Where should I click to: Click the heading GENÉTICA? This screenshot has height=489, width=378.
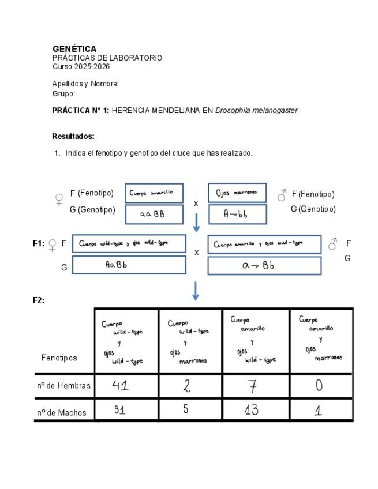click(x=74, y=49)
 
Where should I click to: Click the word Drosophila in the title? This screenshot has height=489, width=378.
click(x=233, y=110)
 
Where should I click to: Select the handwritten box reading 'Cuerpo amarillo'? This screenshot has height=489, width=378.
click(x=154, y=193)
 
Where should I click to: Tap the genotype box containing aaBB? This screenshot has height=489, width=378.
click(x=154, y=214)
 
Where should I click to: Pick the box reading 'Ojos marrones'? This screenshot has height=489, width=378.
click(x=237, y=193)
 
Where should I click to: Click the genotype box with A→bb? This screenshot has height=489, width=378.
click(x=237, y=214)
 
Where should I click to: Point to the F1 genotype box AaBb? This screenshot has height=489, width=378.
click(x=129, y=265)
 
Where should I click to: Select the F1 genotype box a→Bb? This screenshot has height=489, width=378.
click(x=264, y=265)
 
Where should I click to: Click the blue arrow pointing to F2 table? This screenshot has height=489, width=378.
click(x=196, y=291)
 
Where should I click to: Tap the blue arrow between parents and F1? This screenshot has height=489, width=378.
click(x=196, y=223)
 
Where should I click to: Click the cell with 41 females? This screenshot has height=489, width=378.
click(x=126, y=385)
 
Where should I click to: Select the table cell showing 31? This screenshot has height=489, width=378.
click(x=126, y=410)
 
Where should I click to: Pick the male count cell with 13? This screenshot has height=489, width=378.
click(x=255, y=410)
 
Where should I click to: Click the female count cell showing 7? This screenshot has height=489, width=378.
click(x=255, y=385)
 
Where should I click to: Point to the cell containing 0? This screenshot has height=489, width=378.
click(x=320, y=385)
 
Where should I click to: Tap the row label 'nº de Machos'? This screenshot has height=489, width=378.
click(x=62, y=412)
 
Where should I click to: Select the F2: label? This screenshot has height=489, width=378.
click(x=39, y=300)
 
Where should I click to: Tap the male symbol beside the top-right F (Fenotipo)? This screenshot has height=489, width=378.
click(x=282, y=195)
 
